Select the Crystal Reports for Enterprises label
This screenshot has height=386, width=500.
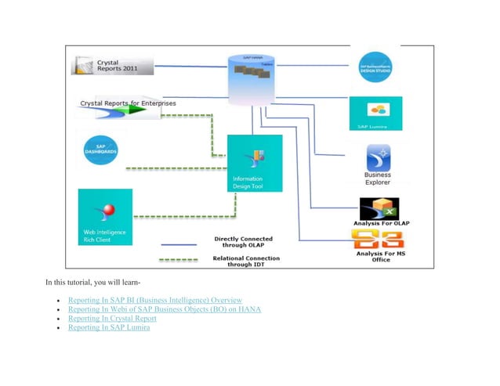click(x=129, y=103)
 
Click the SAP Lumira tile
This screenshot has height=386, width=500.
click(x=375, y=114)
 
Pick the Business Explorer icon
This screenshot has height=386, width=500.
click(x=379, y=156)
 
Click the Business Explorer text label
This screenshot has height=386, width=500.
click(x=378, y=179)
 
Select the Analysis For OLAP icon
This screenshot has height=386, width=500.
click(x=379, y=209)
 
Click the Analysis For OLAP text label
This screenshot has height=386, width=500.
click(x=382, y=224)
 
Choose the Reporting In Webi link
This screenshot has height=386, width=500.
click(x=165, y=309)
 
